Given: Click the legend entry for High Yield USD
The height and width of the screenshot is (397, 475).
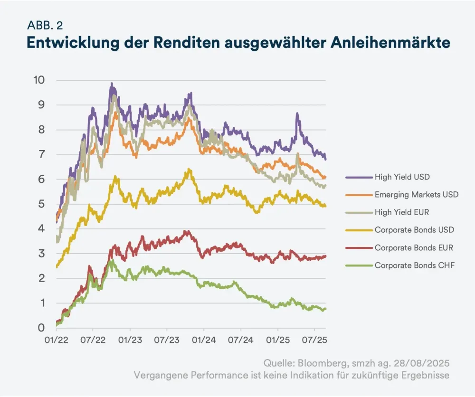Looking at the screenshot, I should (x=402, y=177).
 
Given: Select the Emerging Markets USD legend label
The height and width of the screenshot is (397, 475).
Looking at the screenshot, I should (x=416, y=195).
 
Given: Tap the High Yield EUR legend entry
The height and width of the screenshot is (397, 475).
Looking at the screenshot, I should (x=402, y=212).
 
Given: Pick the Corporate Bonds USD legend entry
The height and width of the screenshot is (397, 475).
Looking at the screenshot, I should (x=414, y=230).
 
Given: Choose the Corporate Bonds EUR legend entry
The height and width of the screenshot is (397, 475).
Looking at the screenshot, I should (x=414, y=247).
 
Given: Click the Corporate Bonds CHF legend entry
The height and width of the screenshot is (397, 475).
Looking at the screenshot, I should (x=414, y=265).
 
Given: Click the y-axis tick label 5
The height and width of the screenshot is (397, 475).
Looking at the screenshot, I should (x=42, y=204).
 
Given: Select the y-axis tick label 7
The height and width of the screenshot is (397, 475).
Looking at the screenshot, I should (x=42, y=154).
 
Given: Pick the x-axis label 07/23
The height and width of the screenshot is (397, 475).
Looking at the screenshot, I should (x=167, y=341).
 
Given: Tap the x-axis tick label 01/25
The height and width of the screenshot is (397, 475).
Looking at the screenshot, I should (x=277, y=341).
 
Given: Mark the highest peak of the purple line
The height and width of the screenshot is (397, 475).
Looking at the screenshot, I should (x=112, y=84).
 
